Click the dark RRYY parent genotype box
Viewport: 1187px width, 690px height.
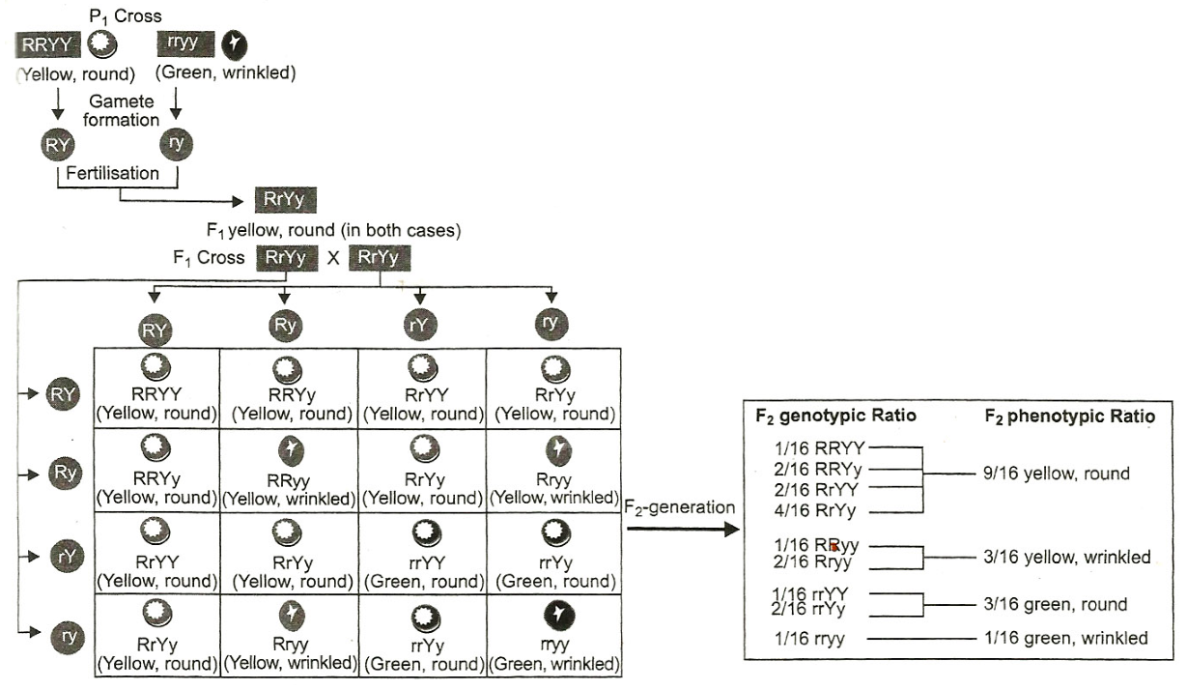tap(47, 44)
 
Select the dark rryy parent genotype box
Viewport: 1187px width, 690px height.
tap(186, 43)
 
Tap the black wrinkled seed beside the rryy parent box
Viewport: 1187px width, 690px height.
tap(235, 45)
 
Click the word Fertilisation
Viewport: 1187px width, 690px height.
tap(112, 173)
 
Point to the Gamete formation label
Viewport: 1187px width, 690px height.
tap(122, 110)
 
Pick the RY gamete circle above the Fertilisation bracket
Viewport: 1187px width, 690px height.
tap(58, 145)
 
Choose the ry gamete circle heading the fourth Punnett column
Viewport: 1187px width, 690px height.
tap(551, 323)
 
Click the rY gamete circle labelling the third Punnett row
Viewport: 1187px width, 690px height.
tap(68, 556)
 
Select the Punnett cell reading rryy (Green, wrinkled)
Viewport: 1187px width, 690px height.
tap(553, 635)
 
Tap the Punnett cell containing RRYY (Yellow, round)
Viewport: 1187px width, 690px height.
tap(156, 388)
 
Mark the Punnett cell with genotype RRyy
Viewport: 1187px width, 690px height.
tap(289, 471)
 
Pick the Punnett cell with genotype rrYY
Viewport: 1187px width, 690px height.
tap(422, 553)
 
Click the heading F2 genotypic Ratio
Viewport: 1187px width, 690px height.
tap(835, 416)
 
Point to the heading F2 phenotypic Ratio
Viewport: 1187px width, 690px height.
tap(1070, 417)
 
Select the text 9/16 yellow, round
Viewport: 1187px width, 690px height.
tap(1057, 474)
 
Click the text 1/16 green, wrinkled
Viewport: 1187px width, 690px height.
tap(1066, 638)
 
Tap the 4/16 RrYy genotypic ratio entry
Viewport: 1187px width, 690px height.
tap(815, 511)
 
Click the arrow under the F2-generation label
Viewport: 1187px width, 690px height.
tap(683, 529)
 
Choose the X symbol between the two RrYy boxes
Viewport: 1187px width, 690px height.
tap(333, 258)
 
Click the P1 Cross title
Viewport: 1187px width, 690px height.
tap(126, 16)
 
